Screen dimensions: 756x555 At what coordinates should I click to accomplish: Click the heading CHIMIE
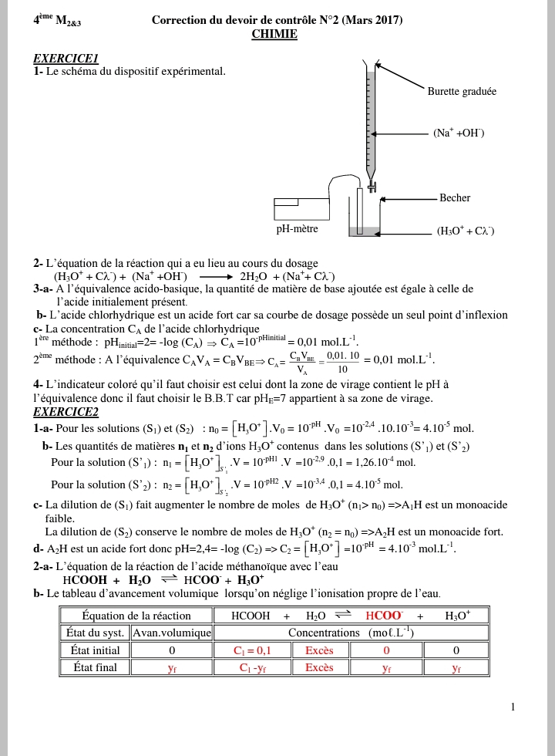(274, 34)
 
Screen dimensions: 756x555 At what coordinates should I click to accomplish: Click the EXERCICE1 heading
(66, 59)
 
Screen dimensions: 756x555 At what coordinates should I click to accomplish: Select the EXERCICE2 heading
(66, 412)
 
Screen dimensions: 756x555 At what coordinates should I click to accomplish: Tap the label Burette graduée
(462, 92)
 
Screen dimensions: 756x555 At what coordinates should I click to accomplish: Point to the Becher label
(455, 198)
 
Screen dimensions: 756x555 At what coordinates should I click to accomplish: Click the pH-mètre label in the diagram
(297, 229)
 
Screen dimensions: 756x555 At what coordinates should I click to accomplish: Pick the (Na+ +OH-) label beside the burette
(459, 133)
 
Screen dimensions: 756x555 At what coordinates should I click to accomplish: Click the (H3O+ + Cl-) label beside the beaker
(465, 231)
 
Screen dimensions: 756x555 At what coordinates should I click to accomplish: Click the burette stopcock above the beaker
(372, 185)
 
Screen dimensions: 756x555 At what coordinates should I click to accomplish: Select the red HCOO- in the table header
(384, 616)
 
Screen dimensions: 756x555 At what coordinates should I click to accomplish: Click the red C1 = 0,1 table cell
(252, 650)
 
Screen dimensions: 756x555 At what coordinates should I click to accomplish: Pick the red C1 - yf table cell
(252, 668)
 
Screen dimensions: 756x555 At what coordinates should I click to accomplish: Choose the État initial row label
(95, 650)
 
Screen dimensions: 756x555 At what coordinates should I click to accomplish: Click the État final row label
(95, 668)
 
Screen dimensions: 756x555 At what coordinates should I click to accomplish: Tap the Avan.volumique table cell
(172, 633)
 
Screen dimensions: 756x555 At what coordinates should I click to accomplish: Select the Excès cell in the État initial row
(319, 650)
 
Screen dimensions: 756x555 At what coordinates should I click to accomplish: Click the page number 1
(513, 707)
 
